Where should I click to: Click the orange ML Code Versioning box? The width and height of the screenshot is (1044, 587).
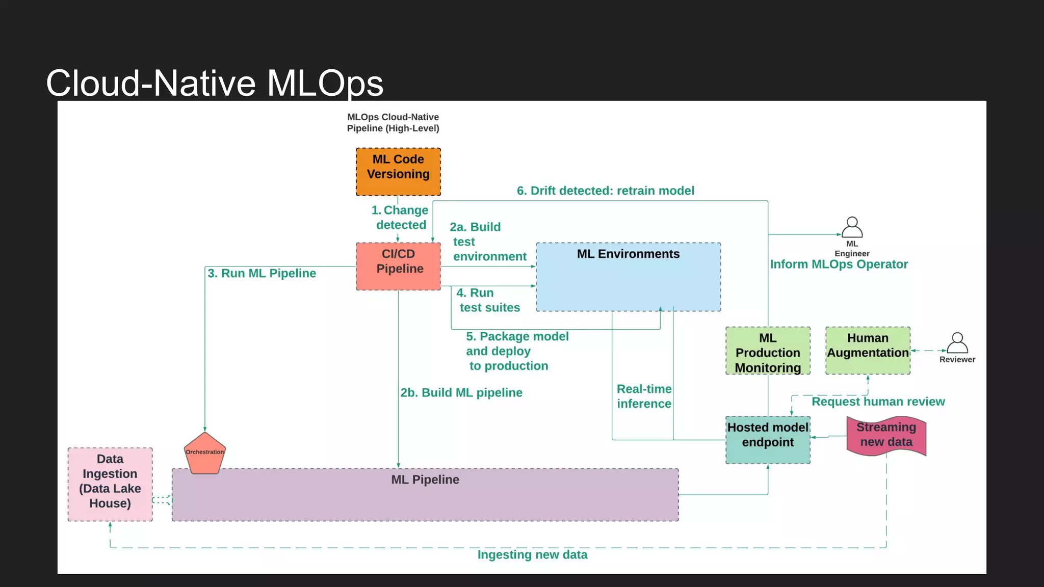pos(398,172)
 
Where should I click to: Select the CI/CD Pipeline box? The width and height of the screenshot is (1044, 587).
pos(398,266)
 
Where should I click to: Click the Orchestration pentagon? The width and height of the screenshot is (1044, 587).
pos(204,453)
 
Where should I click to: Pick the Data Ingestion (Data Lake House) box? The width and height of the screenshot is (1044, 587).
pos(110,484)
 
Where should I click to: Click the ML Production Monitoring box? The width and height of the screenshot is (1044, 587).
pos(768,351)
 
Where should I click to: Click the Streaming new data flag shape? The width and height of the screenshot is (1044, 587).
pos(886,436)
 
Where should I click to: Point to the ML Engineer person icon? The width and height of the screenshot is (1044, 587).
pos(852,228)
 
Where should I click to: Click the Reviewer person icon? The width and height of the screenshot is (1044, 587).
pos(957,343)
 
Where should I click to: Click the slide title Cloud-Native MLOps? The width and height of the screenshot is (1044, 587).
pos(215,83)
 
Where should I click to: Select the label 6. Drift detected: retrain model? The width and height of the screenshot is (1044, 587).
pos(605,191)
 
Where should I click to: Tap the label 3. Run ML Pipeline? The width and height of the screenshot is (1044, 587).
pos(262,274)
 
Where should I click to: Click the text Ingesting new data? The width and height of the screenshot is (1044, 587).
pos(532,555)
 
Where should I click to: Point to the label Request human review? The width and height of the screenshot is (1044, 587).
pos(878,402)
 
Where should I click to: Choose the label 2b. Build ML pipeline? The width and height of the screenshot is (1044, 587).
pos(461,393)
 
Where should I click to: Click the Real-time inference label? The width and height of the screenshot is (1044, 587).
pos(644,396)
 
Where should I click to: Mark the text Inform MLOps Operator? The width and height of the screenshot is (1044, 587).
pos(839,264)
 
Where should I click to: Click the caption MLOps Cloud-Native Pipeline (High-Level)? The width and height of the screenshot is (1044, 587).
pos(393,123)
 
